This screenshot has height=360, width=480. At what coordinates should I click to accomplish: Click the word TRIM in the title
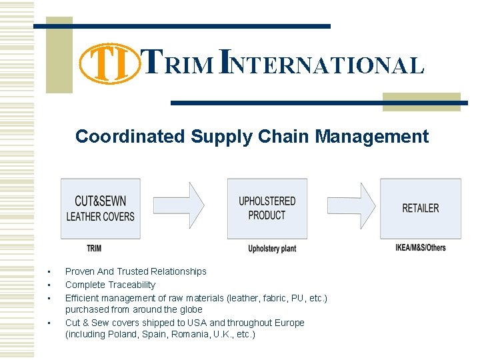tap(179, 64)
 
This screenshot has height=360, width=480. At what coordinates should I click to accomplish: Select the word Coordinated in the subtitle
tap(129, 137)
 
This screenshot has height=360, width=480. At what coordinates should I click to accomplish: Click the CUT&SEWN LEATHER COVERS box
tap(100, 208)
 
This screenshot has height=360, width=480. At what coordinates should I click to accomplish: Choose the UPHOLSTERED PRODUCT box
tap(267, 208)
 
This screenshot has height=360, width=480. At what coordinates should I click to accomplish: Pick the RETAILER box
tap(420, 208)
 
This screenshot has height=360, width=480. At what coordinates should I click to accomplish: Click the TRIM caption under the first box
tap(95, 249)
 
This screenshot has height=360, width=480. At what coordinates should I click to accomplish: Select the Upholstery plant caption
tap(272, 249)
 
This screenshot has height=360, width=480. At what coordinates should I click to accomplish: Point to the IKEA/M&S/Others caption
tap(421, 248)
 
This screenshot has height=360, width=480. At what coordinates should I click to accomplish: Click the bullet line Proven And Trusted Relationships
tap(135, 271)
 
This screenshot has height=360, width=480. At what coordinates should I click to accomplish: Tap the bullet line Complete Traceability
tap(110, 285)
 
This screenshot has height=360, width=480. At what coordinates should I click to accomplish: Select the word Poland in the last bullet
tap(119, 335)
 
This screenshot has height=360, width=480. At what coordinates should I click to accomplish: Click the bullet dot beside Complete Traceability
tap(49, 285)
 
